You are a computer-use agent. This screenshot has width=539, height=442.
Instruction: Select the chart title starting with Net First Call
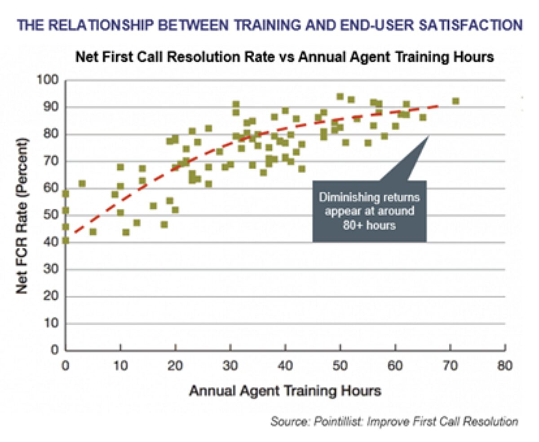coord(285,57)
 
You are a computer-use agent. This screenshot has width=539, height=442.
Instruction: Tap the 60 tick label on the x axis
coord(395,366)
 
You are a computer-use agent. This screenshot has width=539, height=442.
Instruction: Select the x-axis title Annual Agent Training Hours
coord(285,390)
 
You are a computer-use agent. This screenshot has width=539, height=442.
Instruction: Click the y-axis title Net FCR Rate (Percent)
coord(22,215)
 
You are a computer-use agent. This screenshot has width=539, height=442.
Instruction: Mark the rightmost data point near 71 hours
coord(455,101)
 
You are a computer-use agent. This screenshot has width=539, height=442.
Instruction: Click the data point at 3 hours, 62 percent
coord(82,184)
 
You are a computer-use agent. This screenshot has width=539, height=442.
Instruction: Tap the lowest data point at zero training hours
coord(66,241)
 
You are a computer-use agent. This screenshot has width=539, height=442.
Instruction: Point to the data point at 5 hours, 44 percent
coord(93,232)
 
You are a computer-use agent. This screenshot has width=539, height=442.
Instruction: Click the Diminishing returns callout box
coord(369,211)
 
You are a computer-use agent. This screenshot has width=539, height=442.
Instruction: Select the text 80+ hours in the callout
coord(369,225)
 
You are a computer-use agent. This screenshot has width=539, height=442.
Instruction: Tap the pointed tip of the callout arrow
coord(429,135)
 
